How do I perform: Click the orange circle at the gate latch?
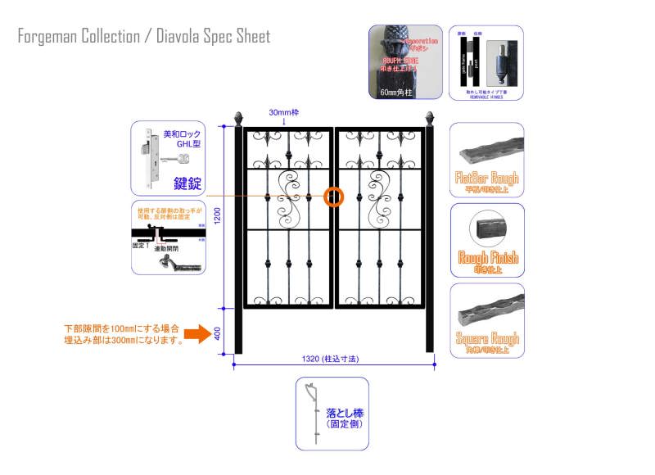(x=335, y=197)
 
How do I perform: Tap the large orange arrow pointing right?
(x=196, y=333)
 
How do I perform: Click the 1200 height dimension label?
(x=217, y=216)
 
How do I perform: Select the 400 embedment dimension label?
(x=217, y=333)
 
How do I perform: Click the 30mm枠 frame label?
(x=284, y=112)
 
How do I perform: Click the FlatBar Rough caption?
(x=487, y=178)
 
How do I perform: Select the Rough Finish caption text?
(x=487, y=259)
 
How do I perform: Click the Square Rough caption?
(x=487, y=338)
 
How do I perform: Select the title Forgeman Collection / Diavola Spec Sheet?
(x=143, y=37)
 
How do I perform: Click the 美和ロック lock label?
(x=182, y=133)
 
